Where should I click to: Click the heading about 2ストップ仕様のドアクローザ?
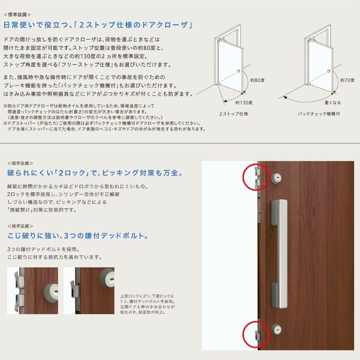(x=98, y=25)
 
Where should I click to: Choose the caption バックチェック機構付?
(x=319, y=114)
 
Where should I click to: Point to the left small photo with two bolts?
(x=32, y=290)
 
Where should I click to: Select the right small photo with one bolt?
(x=89, y=290)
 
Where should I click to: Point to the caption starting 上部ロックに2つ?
(x=148, y=304)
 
